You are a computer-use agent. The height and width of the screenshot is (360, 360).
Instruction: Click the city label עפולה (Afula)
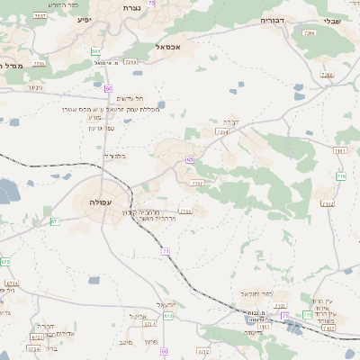100,202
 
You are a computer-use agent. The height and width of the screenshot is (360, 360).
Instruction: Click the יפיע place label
84,19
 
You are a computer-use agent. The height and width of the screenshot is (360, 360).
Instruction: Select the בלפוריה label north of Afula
114,157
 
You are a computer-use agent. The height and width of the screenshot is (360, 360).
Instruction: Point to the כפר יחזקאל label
256,294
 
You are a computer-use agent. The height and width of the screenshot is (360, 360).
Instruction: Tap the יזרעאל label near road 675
166,304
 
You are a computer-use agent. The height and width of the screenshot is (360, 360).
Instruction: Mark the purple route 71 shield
166,250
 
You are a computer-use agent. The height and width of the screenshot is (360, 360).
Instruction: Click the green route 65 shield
190,159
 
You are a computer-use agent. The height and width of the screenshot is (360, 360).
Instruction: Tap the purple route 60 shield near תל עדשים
107,88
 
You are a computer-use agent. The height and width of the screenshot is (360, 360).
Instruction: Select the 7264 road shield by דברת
221,131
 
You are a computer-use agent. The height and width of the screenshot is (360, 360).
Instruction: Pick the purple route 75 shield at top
151,4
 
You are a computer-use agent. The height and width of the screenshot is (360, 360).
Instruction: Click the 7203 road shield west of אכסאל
130,62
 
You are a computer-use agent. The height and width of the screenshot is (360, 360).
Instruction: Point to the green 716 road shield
341,175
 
